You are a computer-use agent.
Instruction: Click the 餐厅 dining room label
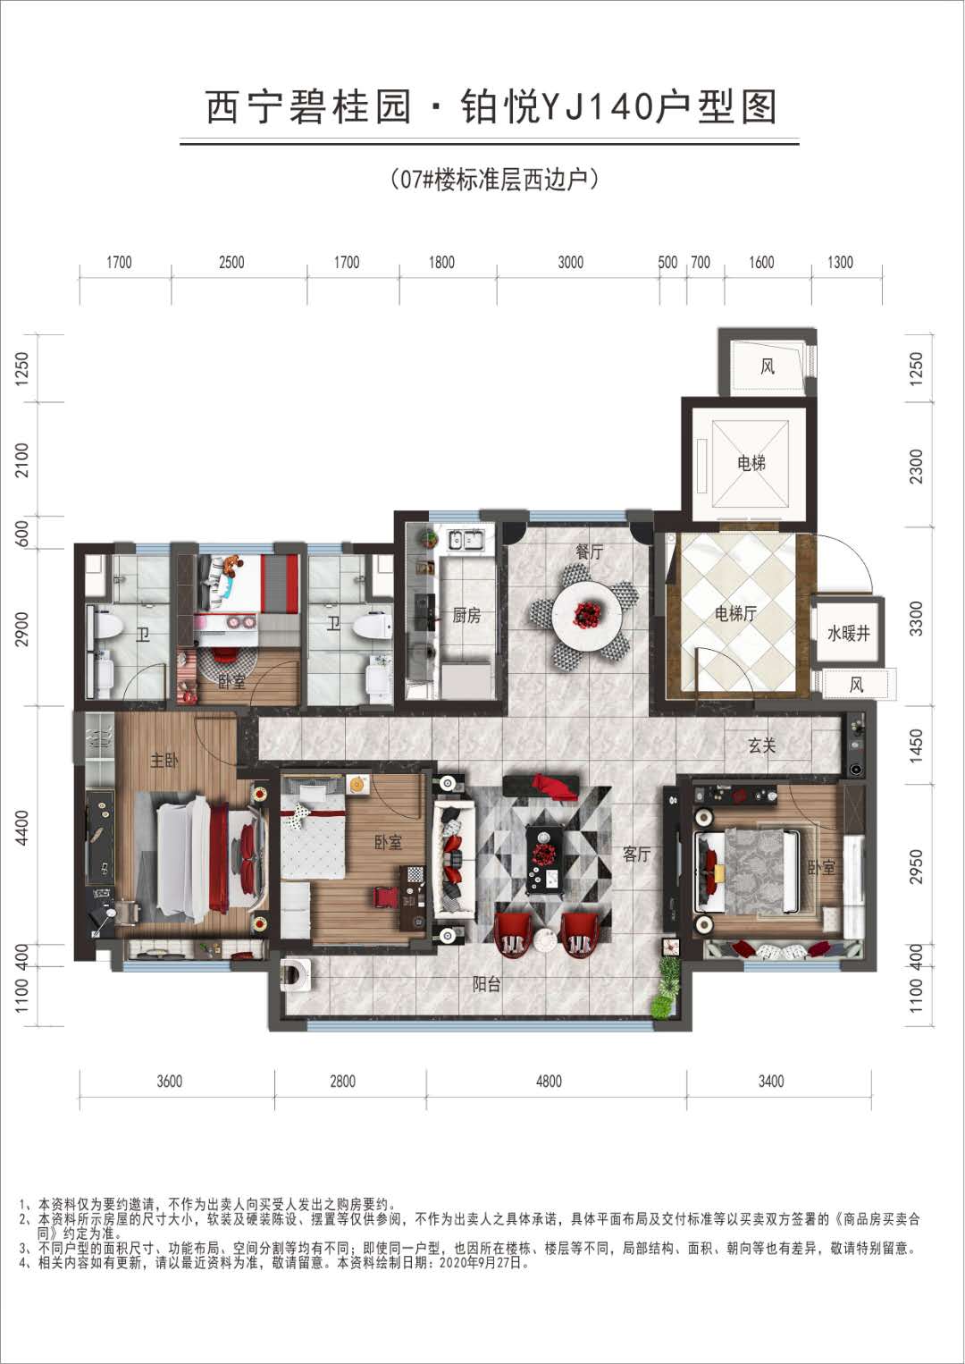(x=589, y=551)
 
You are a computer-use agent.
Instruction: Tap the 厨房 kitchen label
(x=466, y=616)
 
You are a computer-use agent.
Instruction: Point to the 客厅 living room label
(x=637, y=855)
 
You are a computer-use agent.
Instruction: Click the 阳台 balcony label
(x=486, y=984)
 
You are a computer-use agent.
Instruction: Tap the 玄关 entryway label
(x=761, y=745)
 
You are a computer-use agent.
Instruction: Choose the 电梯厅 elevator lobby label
(x=735, y=613)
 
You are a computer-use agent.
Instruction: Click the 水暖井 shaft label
(x=848, y=633)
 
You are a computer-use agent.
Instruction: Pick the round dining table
(x=587, y=614)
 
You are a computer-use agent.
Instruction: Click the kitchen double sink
(x=466, y=540)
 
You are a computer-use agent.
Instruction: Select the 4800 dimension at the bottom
(x=549, y=1082)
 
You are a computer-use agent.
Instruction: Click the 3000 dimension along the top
(x=570, y=263)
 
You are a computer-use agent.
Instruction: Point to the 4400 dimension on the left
(x=22, y=828)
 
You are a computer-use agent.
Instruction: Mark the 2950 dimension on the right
(x=916, y=867)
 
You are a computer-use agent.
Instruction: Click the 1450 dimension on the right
(x=916, y=746)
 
